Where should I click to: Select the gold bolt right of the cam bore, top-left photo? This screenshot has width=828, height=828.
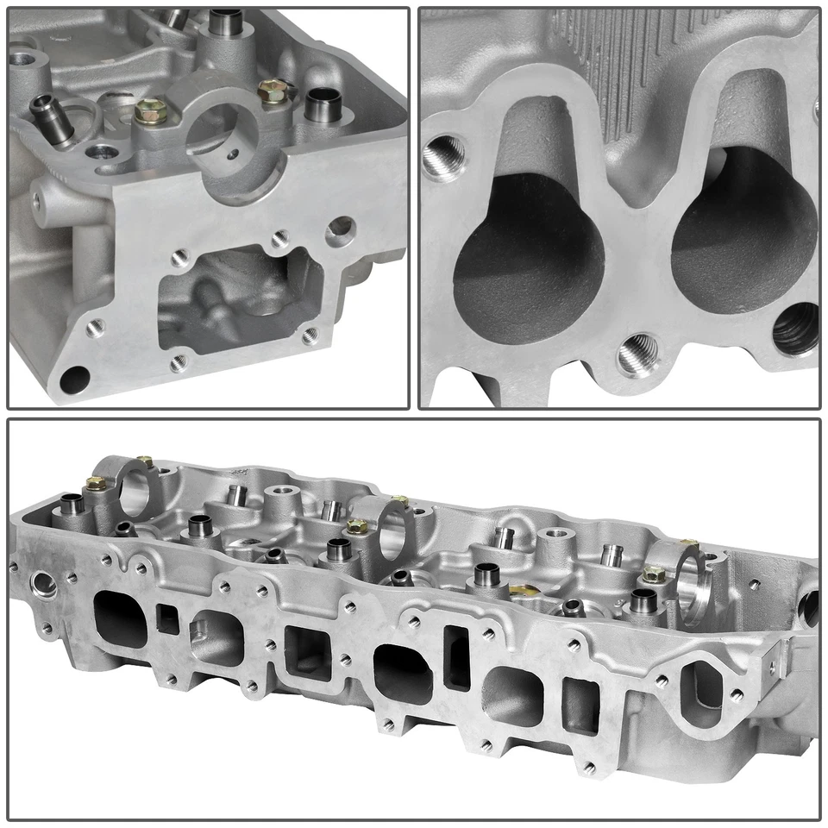pyautogui.click(x=273, y=91)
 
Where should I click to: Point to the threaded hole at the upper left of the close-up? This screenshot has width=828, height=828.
pyautogui.click(x=443, y=155)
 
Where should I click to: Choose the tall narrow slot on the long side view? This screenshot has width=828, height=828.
pyautogui.click(x=455, y=657)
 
